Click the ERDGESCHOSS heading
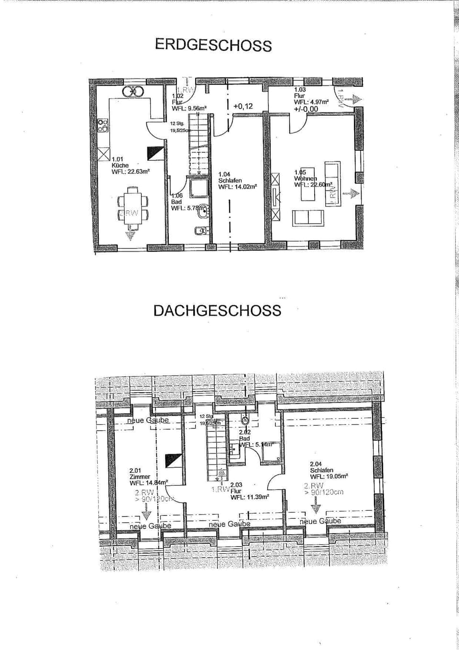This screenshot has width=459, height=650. click(213, 45)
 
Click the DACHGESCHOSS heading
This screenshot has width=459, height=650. click(217, 311)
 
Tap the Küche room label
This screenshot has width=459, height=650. click(120, 165)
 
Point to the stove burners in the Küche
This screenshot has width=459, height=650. click(103, 125)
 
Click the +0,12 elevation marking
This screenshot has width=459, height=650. click(243, 106)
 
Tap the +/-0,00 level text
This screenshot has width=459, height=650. click(306, 109)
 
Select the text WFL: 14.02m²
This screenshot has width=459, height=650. click(238, 187)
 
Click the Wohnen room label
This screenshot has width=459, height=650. click(305, 179)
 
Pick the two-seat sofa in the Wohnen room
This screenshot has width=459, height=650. click(308, 217)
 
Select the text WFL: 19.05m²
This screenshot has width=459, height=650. click(329, 476)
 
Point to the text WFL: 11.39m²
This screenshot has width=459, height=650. click(250, 497)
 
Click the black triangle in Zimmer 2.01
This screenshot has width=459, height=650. click(173, 460)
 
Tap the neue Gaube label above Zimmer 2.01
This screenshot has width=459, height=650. click(148, 420)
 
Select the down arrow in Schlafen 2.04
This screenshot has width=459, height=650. click(316, 507)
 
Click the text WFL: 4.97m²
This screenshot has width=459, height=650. click(311, 102)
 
